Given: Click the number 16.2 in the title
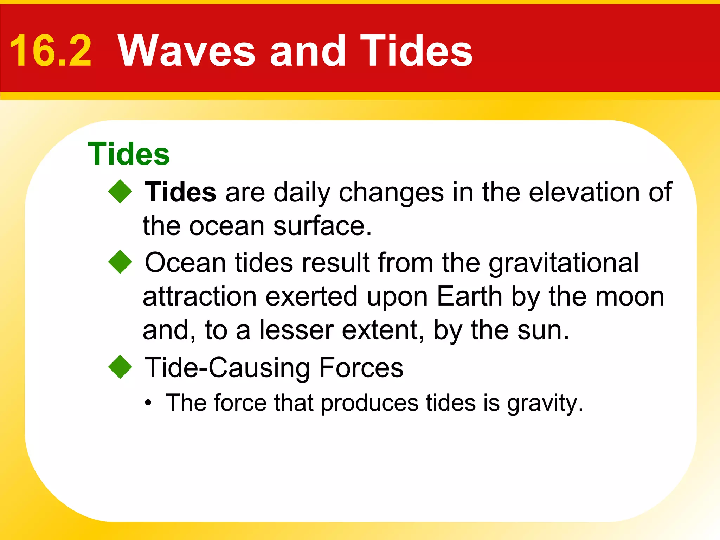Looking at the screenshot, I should [50, 51].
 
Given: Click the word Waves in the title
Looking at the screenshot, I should [186, 51].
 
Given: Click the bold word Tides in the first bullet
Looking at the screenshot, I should [180, 192].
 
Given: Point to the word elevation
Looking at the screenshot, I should [584, 192].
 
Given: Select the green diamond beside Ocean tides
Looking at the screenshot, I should [120, 262].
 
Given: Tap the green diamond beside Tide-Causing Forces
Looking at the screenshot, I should [120, 367].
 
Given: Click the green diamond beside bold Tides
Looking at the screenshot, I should [120, 192].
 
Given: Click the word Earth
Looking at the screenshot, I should [469, 296].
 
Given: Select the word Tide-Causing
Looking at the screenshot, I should [227, 368].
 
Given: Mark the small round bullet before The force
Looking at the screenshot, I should [148, 403].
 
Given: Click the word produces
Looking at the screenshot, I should [369, 403].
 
